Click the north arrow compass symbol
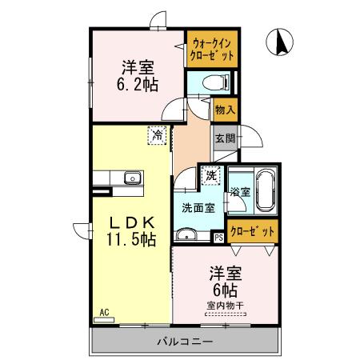pos(282,42)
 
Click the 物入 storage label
pos(225,110)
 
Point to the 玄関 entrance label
pos(225,138)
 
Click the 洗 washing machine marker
pos(210,174)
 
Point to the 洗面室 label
pos(196,208)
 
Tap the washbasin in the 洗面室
pos(186,234)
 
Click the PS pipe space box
pos(218,237)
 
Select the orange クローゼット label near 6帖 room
pos(253,231)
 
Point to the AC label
pos(104,311)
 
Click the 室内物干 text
pos(224,305)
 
